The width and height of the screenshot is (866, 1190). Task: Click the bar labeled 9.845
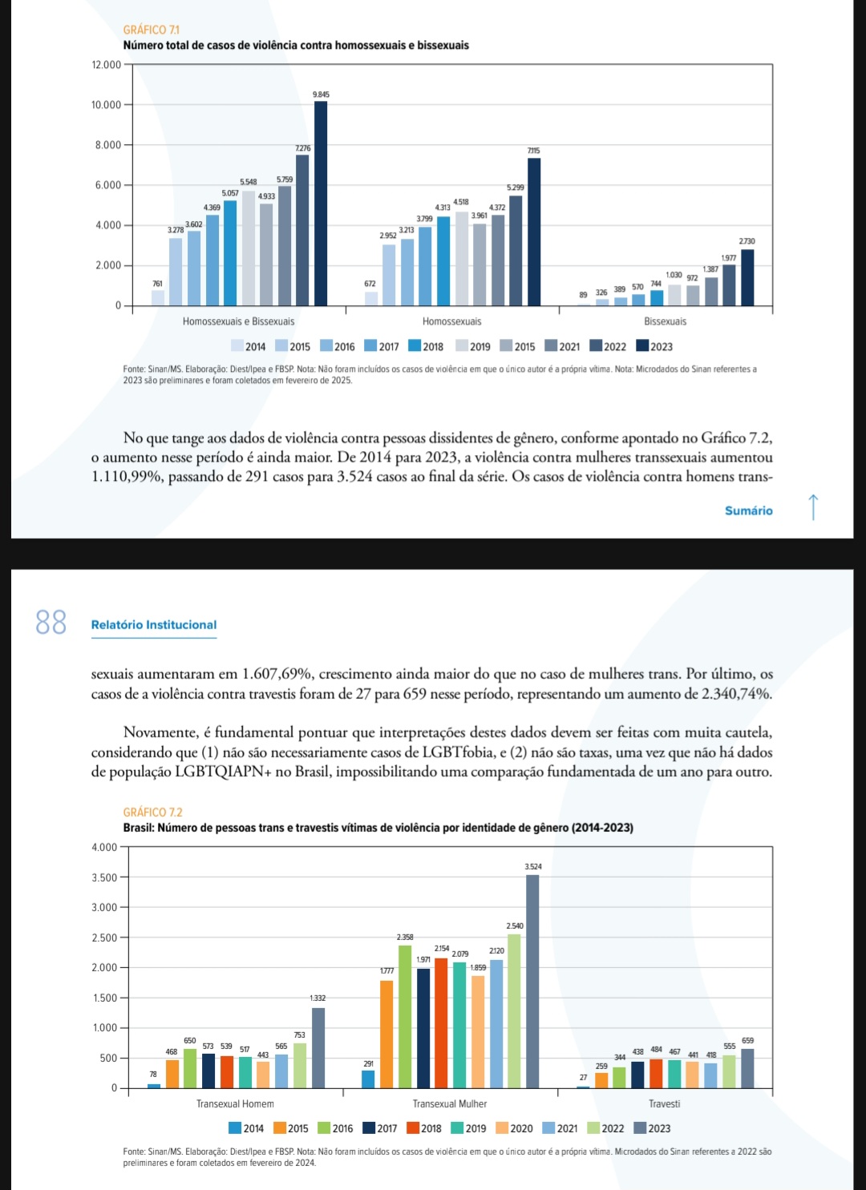pyautogui.click(x=321, y=204)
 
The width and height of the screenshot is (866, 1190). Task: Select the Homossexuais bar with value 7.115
pyautogui.click(x=534, y=232)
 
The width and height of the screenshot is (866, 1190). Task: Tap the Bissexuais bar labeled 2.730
pyautogui.click(x=747, y=277)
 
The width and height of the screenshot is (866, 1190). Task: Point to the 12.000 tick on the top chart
pyautogui.click(x=106, y=65)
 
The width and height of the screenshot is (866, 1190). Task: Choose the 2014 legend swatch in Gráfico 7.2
pyautogui.click(x=235, y=1128)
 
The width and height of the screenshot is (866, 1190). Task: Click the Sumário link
pyautogui.click(x=748, y=510)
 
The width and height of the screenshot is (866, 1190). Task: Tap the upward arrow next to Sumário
pyautogui.click(x=812, y=507)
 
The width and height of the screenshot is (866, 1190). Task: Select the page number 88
pyautogui.click(x=51, y=622)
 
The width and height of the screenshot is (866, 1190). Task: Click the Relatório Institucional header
pyautogui.click(x=154, y=625)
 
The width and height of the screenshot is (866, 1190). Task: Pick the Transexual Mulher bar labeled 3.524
pyautogui.click(x=532, y=981)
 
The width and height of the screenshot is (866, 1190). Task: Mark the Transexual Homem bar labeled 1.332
pyautogui.click(x=318, y=1047)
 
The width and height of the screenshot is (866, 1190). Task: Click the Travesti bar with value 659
pyautogui.click(x=747, y=1068)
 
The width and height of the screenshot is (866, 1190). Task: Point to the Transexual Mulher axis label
pyautogui.click(x=450, y=1104)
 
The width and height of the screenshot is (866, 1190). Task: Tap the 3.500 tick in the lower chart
pyautogui.click(x=104, y=877)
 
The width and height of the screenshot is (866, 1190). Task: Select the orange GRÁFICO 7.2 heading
pyautogui.click(x=153, y=813)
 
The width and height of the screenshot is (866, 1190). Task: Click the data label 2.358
pyautogui.click(x=405, y=937)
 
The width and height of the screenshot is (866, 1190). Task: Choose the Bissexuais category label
pyautogui.click(x=665, y=321)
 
